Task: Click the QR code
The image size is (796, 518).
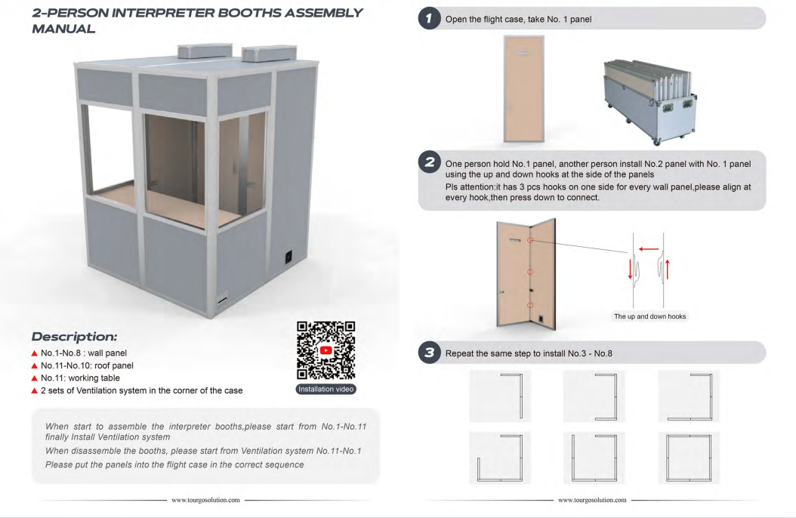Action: point(326,350)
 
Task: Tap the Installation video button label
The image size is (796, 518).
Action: point(326,389)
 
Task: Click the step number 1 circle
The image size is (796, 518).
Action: point(430,19)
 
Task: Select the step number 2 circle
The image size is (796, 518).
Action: point(430,162)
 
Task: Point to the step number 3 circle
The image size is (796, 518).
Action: point(430,352)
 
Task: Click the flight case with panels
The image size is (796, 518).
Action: point(650,101)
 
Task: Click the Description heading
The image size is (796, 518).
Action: point(74,336)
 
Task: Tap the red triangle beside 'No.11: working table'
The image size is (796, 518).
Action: point(35,378)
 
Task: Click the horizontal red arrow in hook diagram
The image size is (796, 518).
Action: point(649,248)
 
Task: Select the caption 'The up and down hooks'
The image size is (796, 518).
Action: point(649,316)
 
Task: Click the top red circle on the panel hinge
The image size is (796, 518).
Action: point(530,240)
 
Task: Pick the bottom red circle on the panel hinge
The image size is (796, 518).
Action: point(530,305)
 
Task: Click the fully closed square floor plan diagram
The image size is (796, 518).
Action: point(689,458)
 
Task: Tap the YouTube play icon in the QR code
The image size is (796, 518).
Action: point(326,350)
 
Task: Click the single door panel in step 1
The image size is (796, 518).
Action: point(524,89)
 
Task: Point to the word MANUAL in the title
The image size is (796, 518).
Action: point(63,29)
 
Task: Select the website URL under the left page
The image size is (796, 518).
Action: point(205,500)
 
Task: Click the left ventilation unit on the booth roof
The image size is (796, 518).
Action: point(205,51)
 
